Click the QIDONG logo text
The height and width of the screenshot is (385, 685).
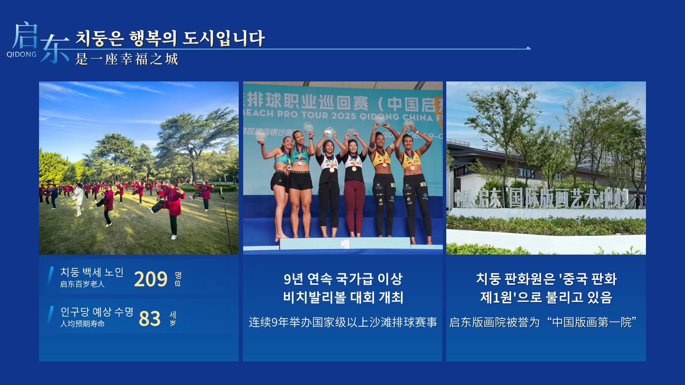tap(22, 54)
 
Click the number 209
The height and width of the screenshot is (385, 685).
tap(151, 279)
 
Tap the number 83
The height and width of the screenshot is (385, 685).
tap(150, 319)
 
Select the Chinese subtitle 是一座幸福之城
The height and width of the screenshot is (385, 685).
tap(127, 59)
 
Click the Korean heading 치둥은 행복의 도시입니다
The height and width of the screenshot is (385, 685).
tap(170, 38)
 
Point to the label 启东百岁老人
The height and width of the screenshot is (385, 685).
tap(82, 284)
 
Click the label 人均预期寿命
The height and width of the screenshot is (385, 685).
tap(83, 324)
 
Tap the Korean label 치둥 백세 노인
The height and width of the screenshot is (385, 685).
tap(92, 272)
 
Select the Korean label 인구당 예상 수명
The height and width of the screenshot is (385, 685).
tap(97, 312)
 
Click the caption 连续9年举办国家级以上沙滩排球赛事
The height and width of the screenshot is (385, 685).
tap(343, 322)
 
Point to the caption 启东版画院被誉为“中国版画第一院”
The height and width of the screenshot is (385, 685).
tap(543, 322)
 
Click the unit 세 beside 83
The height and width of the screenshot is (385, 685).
tap(173, 315)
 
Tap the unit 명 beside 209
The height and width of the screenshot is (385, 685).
tap(178, 275)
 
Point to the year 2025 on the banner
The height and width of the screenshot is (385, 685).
tap(344, 115)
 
